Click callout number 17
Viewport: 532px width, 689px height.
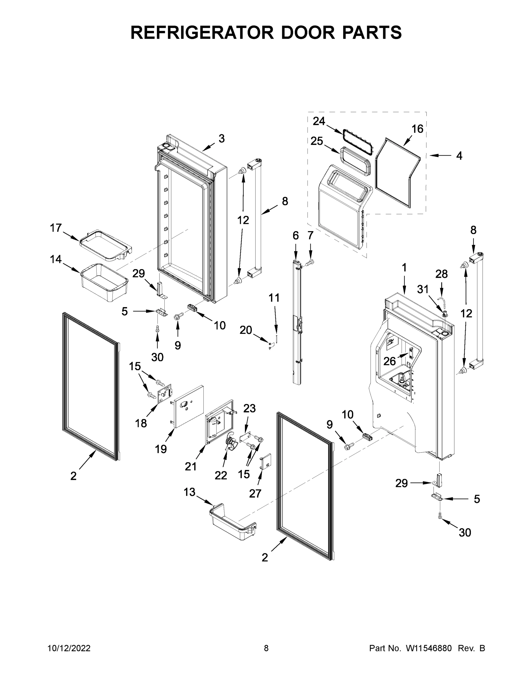tap(56, 228)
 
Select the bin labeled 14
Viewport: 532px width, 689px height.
tap(105, 281)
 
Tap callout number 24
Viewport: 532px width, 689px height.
tap(319, 121)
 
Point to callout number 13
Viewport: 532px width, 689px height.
tap(189, 492)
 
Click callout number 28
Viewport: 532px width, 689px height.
tap(441, 274)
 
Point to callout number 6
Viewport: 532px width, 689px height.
tap(295, 235)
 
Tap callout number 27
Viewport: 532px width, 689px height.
tap(255, 493)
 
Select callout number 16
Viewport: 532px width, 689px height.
tap(417, 129)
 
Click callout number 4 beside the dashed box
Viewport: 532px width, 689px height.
tap(459, 156)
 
